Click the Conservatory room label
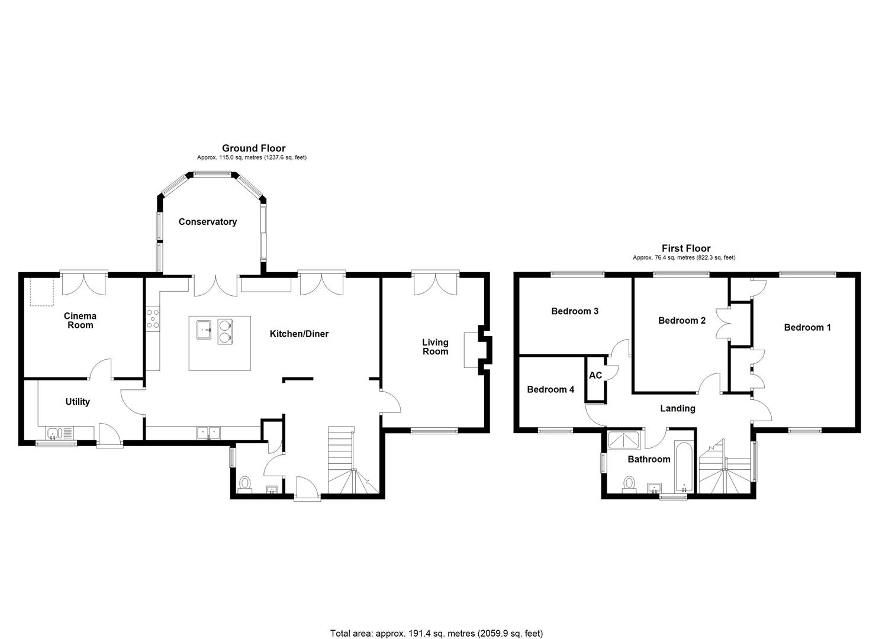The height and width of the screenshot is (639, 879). [207, 222]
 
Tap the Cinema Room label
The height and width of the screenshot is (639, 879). [80, 321]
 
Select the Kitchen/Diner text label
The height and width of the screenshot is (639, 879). [299, 334]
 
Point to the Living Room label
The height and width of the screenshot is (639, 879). [435, 347]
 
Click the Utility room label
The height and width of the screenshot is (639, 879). [78, 402]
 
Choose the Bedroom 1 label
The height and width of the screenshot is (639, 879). [807, 327]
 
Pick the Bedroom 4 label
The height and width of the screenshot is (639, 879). [550, 389]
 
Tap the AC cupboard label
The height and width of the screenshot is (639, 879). [595, 376]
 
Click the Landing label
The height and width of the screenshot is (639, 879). [678, 408]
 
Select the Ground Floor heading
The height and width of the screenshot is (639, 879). [253, 149]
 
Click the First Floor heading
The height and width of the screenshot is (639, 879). [686, 248]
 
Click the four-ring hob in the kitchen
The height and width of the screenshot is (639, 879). [152, 318]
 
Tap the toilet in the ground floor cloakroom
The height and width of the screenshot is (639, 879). [244, 484]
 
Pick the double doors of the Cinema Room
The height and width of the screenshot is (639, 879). [83, 283]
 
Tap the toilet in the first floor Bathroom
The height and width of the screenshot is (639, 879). [629, 485]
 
